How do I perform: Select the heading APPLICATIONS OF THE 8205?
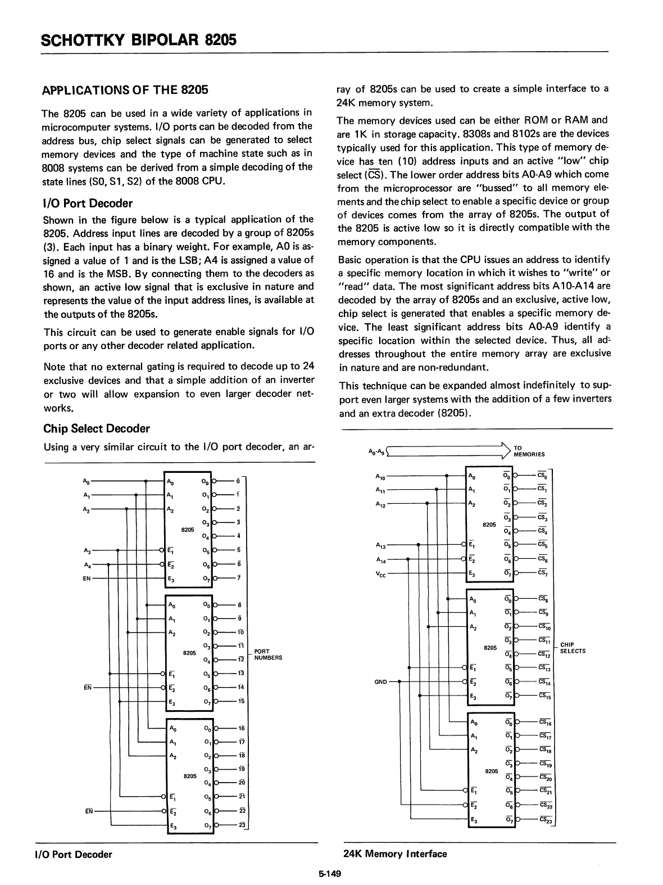[125, 90]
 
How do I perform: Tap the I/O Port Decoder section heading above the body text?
[88, 203]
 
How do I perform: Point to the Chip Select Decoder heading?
[97, 428]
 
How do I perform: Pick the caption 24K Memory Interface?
[395, 854]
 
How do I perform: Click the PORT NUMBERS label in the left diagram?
[268, 654]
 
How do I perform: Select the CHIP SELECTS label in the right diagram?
[573, 648]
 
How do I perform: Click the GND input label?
[382, 682]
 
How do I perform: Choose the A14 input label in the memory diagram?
[381, 560]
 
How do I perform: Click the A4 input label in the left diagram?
[86, 564]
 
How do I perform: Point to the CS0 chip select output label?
[543, 475]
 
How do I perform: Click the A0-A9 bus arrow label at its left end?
[376, 451]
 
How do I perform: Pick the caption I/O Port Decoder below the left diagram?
[78, 855]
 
